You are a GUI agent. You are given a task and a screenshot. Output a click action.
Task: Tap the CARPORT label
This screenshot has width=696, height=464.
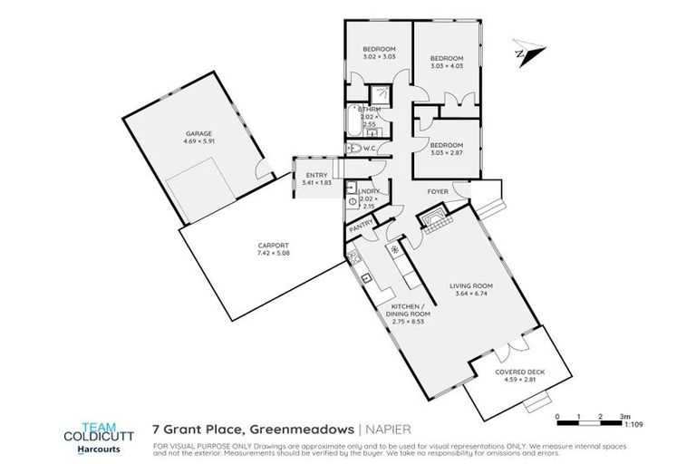[x=273, y=246]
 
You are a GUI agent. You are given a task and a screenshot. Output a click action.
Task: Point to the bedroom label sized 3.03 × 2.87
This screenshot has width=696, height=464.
[x=446, y=145]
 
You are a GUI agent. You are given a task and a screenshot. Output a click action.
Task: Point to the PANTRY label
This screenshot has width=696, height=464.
[x=362, y=222]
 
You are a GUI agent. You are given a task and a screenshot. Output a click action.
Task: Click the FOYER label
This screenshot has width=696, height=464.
[x=440, y=192]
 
